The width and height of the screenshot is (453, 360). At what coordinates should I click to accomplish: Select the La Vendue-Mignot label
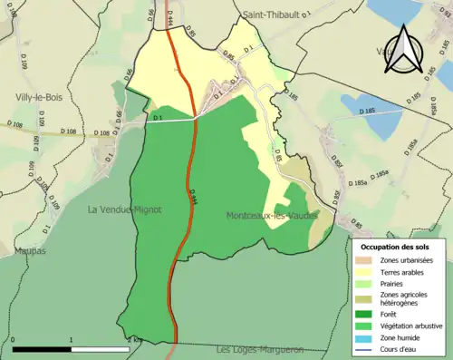tap(124, 209)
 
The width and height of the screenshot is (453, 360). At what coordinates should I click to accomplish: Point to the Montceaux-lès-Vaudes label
tap(273, 216)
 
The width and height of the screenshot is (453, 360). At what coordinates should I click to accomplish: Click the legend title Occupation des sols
tap(397, 247)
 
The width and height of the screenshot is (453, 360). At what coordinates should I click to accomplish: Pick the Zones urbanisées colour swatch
tap(368, 261)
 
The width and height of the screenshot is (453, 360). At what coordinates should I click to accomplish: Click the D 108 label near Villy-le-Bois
tap(68, 133)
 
